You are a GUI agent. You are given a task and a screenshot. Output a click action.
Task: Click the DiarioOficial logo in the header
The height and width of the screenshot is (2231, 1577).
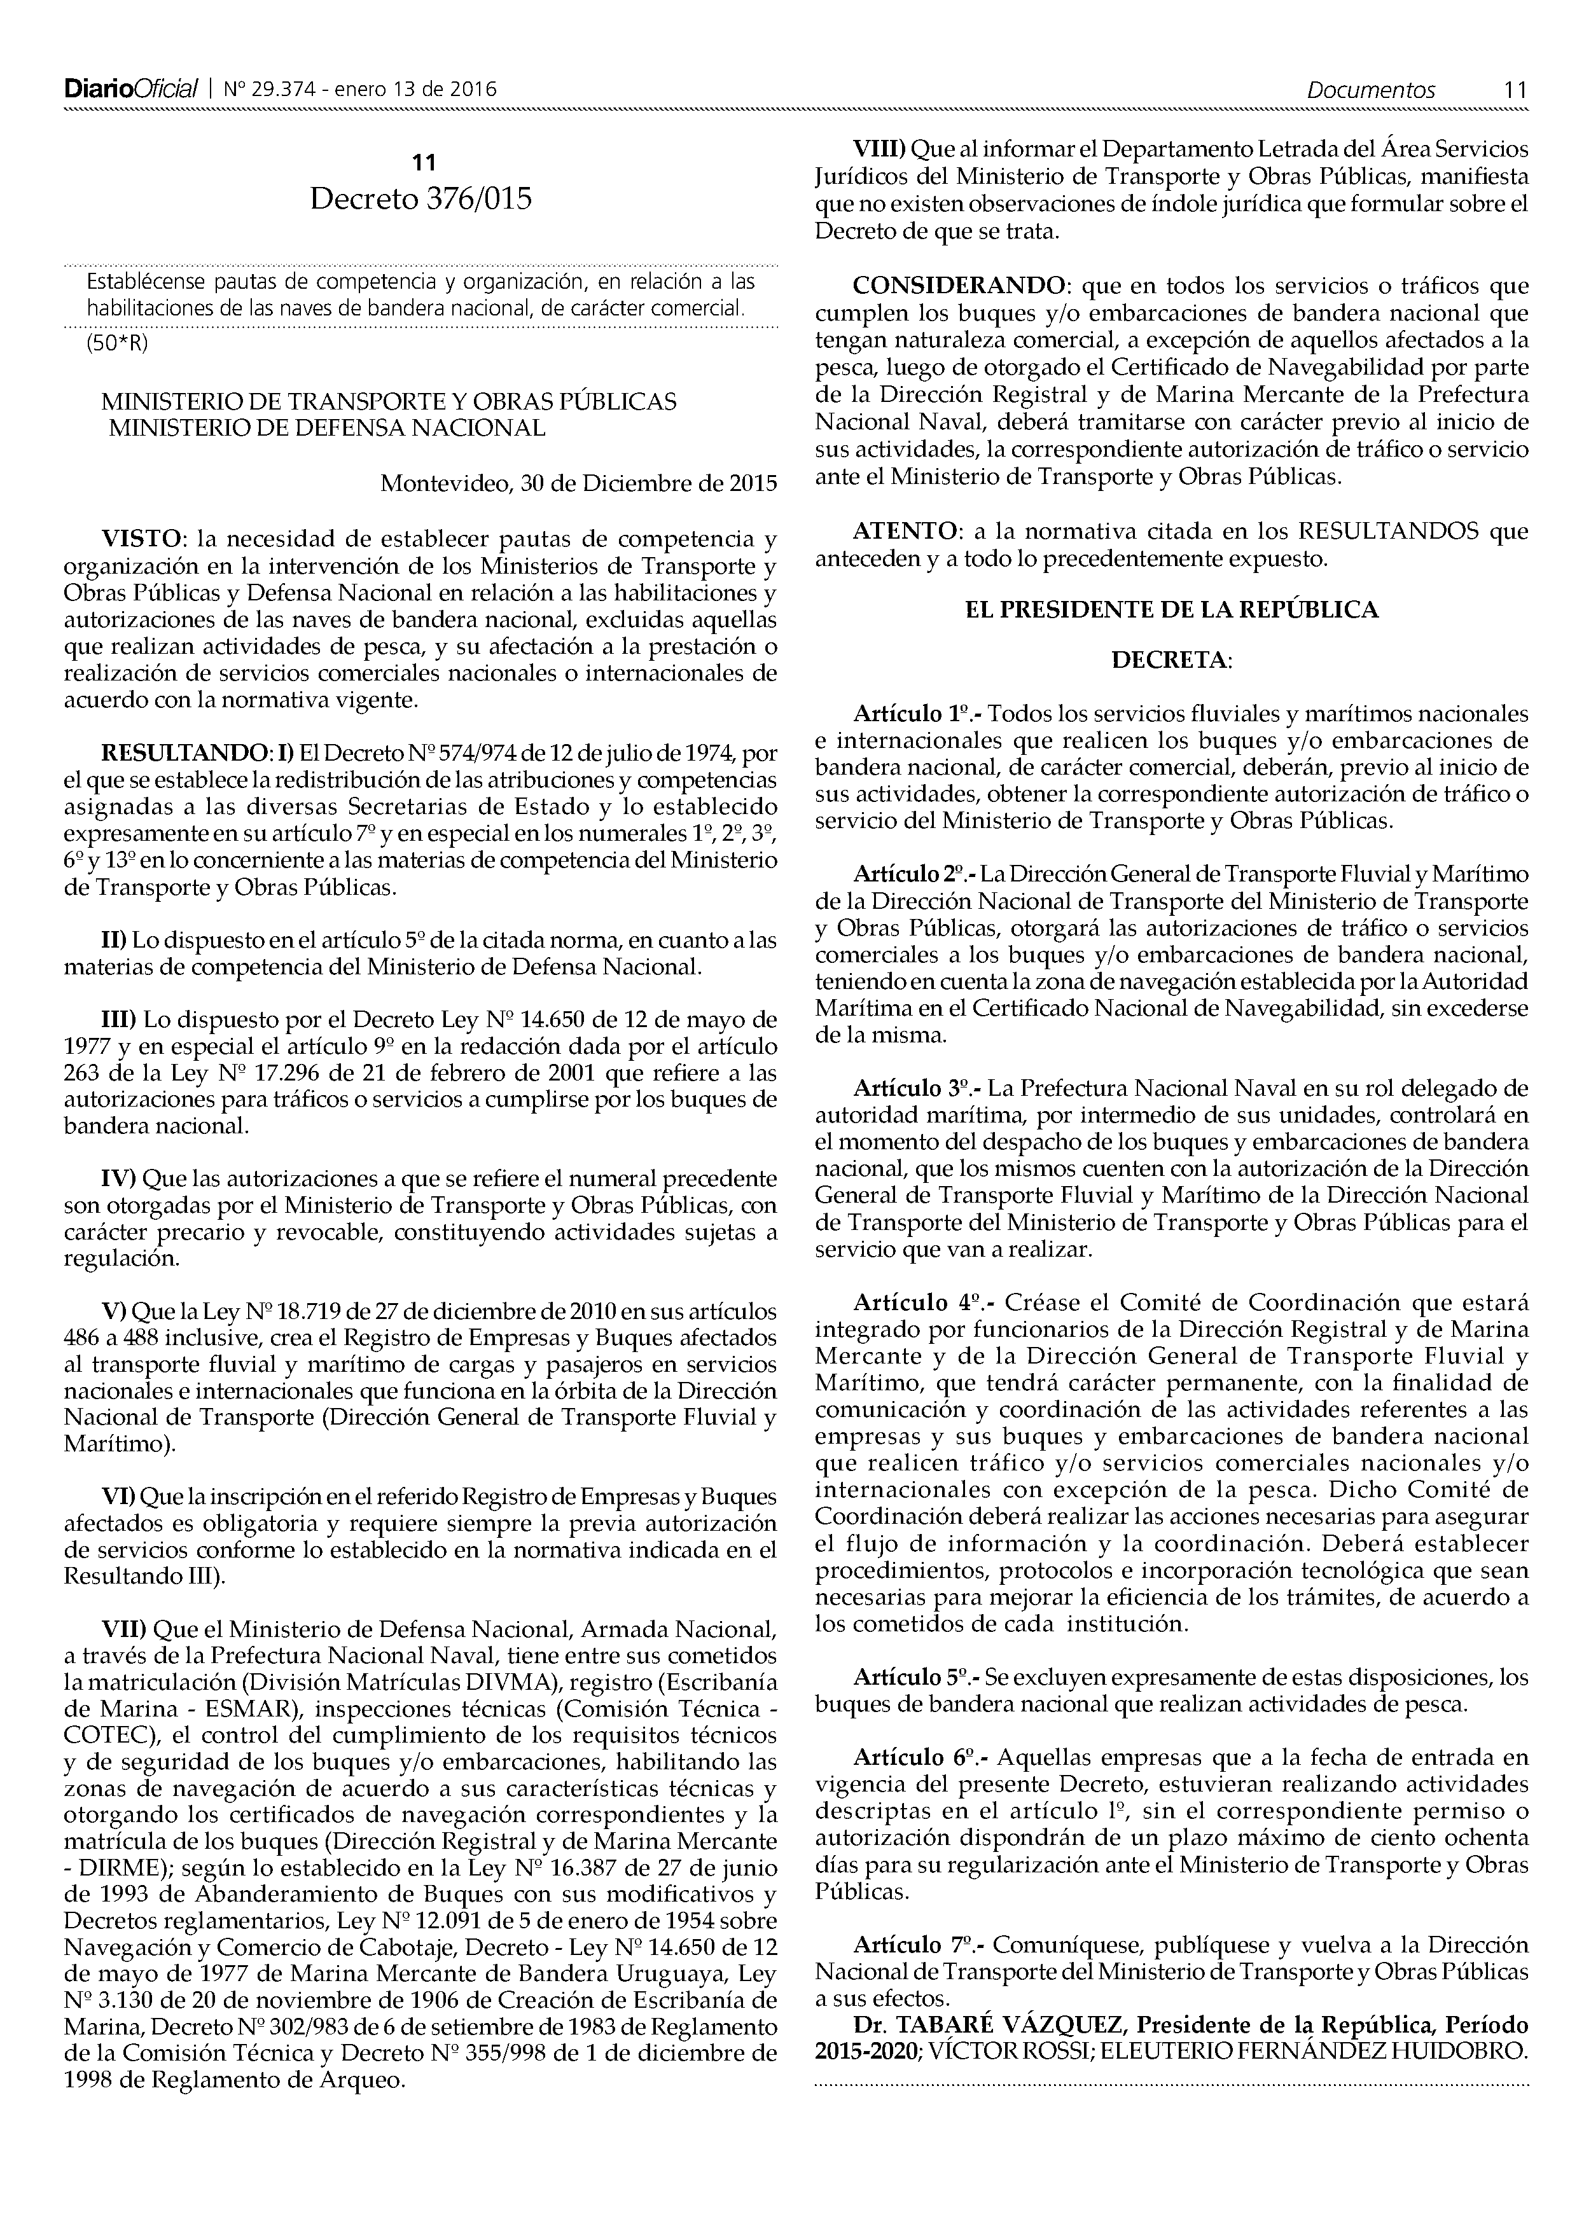[131, 90]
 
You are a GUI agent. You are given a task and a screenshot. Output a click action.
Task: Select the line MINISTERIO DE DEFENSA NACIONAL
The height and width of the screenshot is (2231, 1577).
[328, 427]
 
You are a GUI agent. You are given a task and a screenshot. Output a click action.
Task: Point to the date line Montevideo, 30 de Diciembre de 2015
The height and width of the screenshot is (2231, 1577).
[578, 483]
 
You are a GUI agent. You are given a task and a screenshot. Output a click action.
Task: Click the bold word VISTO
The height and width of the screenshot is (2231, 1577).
[142, 538]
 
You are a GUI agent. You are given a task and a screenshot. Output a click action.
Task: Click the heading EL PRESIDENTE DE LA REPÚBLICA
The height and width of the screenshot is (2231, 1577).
[1171, 611]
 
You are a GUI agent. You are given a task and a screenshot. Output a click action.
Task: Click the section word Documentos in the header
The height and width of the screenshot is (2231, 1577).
[1370, 90]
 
